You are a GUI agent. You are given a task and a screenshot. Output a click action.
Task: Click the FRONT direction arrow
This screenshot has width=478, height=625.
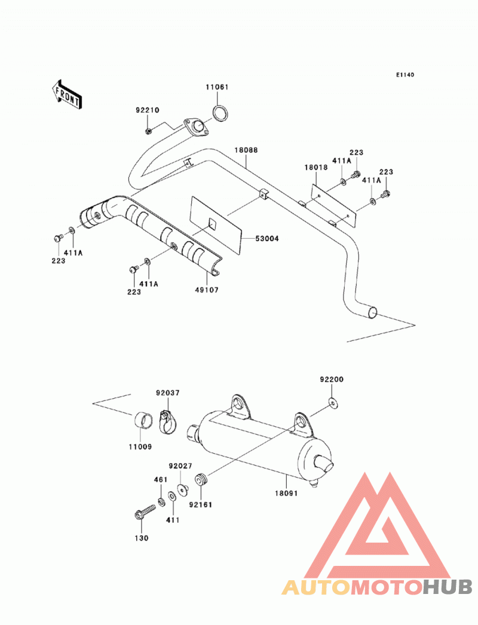66,95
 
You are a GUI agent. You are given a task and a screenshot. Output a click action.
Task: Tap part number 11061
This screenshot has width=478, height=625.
217,87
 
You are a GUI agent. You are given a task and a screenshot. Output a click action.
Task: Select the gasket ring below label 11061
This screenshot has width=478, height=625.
220,113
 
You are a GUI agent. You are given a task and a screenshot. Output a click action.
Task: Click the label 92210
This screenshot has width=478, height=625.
147,110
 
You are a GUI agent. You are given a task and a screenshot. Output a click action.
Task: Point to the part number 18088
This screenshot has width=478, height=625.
246,150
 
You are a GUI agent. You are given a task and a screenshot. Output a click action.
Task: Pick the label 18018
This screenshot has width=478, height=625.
316,167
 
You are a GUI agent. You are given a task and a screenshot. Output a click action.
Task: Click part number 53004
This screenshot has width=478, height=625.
267,239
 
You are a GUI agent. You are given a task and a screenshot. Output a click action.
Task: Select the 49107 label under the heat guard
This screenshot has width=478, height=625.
207,290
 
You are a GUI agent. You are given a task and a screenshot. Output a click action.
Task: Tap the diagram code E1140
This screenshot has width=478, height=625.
405,75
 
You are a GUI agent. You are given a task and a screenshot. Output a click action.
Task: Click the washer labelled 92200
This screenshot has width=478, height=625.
333,404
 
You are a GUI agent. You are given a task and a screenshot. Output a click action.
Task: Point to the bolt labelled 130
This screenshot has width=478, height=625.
145,512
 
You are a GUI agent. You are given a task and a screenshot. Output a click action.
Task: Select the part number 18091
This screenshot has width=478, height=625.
286,494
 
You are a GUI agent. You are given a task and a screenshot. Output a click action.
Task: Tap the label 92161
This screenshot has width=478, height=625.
201,505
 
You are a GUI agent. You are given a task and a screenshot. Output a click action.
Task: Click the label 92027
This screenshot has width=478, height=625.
180,466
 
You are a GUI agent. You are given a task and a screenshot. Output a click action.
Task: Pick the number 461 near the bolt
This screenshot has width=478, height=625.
161,479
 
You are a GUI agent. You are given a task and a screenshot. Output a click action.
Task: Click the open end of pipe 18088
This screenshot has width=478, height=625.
372,313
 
